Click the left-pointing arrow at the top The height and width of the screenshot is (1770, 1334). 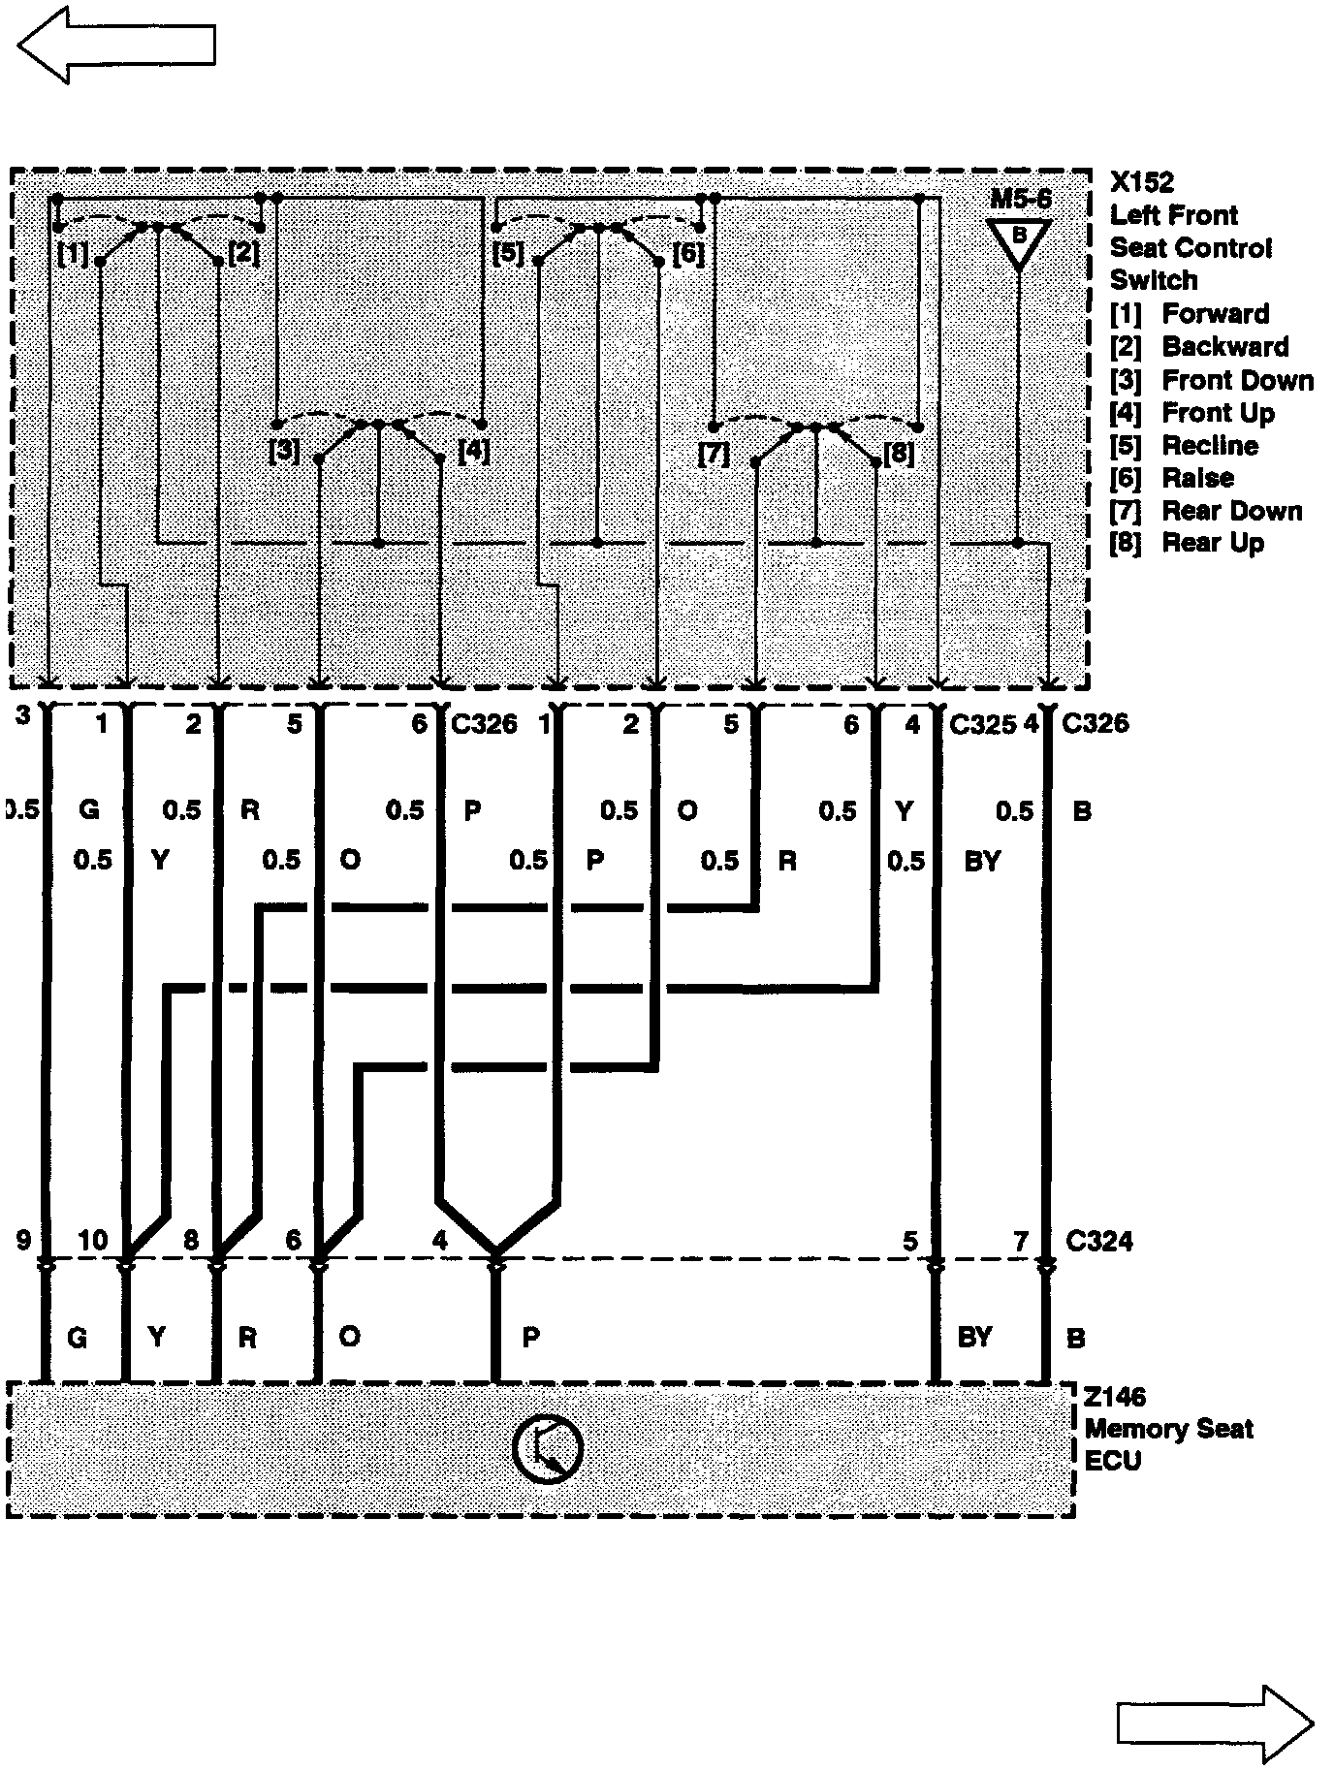116,45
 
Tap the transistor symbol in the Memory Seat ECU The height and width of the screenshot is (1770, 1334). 547,1449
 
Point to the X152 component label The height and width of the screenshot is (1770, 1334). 1142,182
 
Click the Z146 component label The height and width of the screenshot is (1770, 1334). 1115,1397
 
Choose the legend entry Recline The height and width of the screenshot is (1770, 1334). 1210,446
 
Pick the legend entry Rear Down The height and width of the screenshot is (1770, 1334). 1231,511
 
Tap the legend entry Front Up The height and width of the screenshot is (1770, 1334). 1218,413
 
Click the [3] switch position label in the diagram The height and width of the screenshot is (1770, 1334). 285,452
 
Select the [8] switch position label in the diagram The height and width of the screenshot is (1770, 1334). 899,453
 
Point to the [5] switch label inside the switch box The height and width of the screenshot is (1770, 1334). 507,254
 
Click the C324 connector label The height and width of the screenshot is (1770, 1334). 1098,1241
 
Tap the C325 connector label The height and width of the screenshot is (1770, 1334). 982,724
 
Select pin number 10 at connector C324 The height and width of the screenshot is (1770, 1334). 93,1240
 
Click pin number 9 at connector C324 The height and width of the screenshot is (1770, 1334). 23,1240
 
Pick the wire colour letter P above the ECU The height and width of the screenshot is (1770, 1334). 530,1338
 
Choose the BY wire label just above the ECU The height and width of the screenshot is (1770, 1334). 974,1338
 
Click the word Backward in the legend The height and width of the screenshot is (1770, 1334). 1225,347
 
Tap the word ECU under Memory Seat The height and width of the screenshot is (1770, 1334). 1112,1461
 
